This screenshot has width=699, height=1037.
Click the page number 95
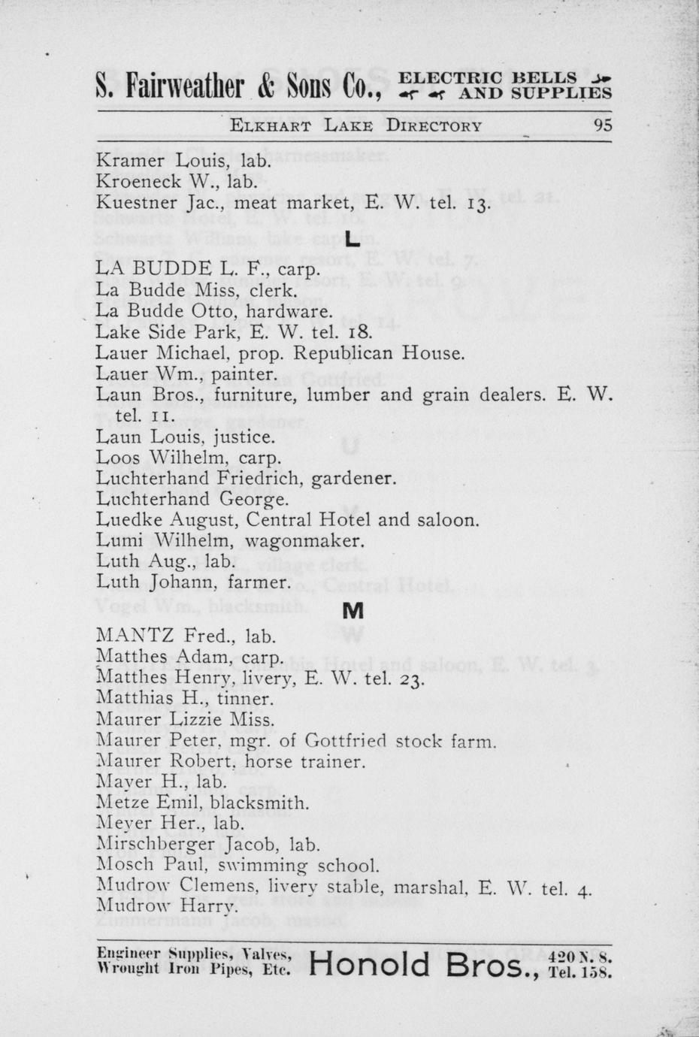[603, 125]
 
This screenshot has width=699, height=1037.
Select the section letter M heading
[353, 612]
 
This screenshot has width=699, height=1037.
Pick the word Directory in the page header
[434, 125]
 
